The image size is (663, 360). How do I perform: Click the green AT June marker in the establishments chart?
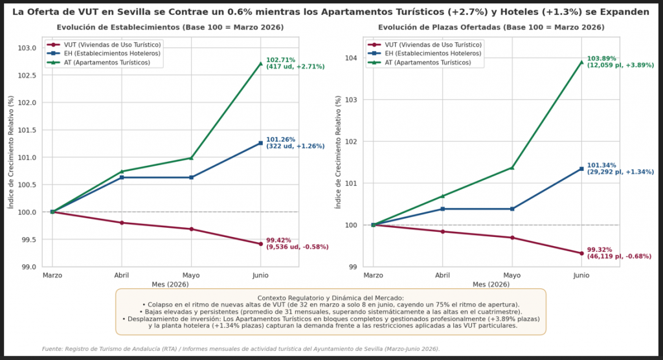click(260, 63)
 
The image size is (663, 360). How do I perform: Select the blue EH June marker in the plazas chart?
click(581, 169)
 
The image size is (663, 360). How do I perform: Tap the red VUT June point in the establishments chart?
click(260, 243)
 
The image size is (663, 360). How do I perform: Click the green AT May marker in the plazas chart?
click(512, 168)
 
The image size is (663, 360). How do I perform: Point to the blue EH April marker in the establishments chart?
click(122, 177)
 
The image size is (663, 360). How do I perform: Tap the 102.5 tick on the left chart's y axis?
click(27, 75)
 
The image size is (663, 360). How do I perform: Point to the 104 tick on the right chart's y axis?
click(352, 58)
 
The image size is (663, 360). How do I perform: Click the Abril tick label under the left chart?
click(122, 275)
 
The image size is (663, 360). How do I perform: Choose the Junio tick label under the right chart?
click(581, 275)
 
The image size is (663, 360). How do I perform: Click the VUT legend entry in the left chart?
click(104, 45)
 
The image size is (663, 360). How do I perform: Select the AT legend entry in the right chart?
click(419, 63)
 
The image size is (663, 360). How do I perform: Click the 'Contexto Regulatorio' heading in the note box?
click(331, 298)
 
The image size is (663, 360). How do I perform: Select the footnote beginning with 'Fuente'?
click(241, 349)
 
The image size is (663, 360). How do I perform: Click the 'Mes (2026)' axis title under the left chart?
click(170, 284)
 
